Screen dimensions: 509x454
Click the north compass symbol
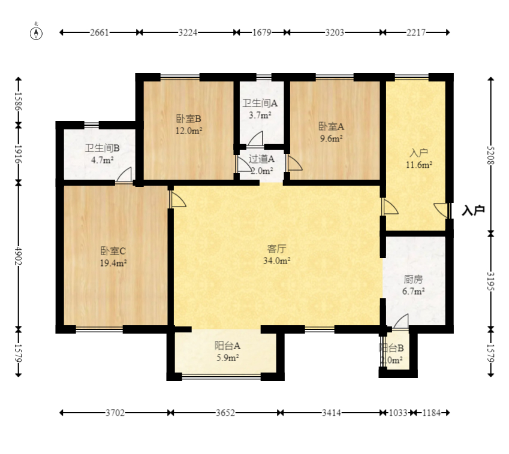tap(36, 33)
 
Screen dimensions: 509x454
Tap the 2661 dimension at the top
tap(100, 32)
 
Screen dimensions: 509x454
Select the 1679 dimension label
tap(261, 32)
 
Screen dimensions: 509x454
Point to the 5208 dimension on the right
tap(490, 155)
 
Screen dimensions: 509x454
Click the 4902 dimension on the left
tap(18, 256)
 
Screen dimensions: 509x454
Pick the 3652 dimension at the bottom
tap(225, 413)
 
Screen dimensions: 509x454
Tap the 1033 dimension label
tap(398, 413)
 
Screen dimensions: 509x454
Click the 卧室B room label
tap(189, 119)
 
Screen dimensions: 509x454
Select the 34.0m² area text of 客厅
tap(276, 261)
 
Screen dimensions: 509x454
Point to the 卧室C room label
tap(113, 251)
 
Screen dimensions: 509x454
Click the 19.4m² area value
tap(113, 263)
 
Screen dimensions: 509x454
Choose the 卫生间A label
tap(260, 103)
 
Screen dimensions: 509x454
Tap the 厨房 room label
tap(413, 279)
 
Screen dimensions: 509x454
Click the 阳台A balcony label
tap(227, 346)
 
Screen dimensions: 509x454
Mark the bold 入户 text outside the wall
tap(473, 210)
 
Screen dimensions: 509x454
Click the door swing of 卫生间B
tap(124, 174)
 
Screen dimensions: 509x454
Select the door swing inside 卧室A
tap(294, 163)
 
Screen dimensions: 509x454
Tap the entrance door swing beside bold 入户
tap(441, 210)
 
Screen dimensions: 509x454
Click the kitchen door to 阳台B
tap(401, 322)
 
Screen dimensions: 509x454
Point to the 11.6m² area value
tap(418, 165)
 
